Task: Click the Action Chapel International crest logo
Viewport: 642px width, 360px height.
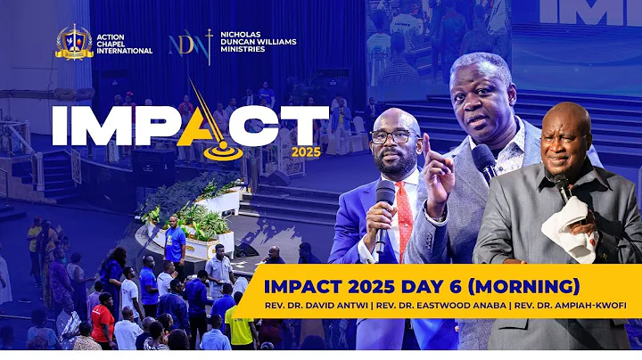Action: coord(74,42)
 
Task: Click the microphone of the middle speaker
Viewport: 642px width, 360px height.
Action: coord(484,161)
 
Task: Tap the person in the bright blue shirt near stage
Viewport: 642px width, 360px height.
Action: coord(176,242)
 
